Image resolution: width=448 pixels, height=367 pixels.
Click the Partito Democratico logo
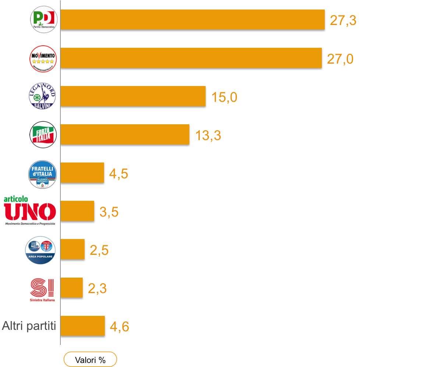tap(43, 19)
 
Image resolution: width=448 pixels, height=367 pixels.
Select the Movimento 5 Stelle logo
tap(43, 58)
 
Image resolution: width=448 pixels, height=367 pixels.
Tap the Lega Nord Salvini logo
tap(43, 96)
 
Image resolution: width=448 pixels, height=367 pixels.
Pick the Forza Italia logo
tap(43, 135)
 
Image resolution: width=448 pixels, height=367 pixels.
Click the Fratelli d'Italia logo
tap(43, 174)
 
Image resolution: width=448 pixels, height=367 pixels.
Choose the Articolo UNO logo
tap(30, 210)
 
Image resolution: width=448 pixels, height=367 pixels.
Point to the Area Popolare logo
tap(40, 250)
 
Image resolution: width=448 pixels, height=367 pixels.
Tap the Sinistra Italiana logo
tap(40, 288)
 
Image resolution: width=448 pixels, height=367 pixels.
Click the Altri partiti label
tap(29, 326)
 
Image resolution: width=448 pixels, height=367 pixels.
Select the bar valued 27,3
tap(192, 19)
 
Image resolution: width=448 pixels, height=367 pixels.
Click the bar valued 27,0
tap(191, 58)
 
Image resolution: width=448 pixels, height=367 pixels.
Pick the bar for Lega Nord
tap(133, 96)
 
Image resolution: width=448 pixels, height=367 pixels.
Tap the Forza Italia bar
tap(125, 134)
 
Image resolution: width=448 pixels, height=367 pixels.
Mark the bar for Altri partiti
tap(82, 325)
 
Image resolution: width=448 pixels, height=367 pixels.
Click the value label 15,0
tap(224, 97)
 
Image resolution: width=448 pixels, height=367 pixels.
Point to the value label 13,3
tap(208, 136)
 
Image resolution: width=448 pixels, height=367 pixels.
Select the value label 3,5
tap(109, 212)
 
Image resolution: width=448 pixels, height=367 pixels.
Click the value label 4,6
tap(120, 327)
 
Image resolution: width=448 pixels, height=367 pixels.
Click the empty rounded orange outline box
tap(90, 359)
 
